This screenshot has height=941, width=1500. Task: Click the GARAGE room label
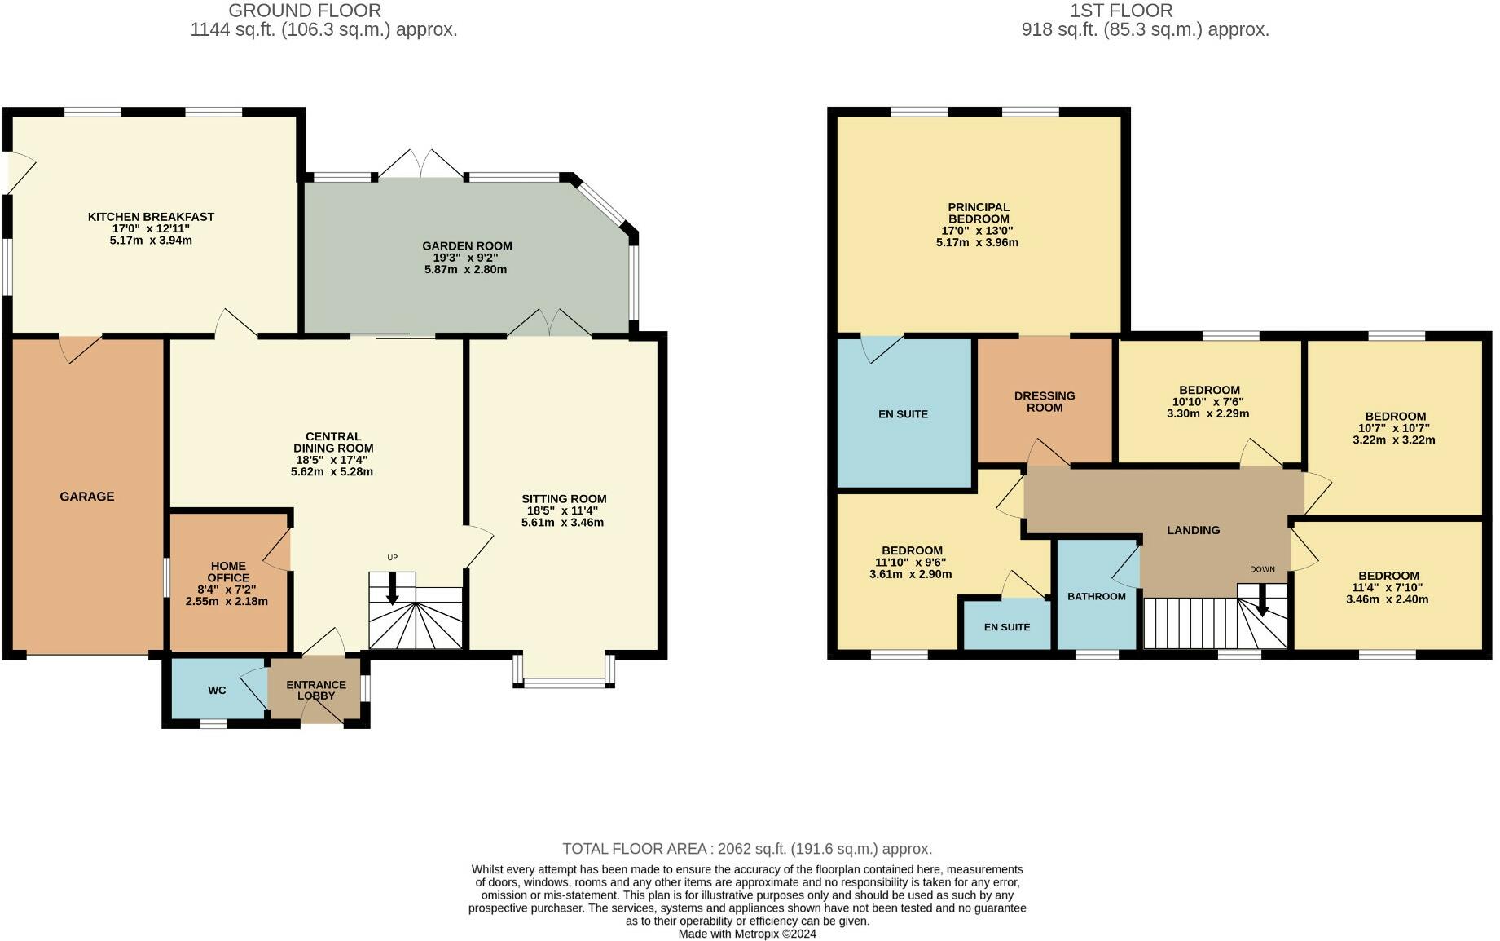tap(87, 496)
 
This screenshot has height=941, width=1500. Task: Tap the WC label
tap(217, 691)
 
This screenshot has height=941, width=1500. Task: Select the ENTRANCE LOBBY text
tap(316, 690)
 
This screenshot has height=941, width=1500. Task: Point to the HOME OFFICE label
tap(228, 572)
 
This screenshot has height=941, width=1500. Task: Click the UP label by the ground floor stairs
tap(392, 558)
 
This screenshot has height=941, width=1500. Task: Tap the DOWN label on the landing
tap(1262, 569)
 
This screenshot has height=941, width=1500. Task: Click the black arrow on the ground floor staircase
tap(392, 588)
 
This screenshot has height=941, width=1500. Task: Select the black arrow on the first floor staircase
tap(1262, 600)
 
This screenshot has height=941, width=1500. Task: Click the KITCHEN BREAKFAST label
tap(151, 217)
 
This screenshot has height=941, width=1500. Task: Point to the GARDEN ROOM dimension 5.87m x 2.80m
tap(465, 269)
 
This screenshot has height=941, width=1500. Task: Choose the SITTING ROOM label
tap(564, 499)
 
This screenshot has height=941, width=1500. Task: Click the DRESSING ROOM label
tap(1045, 401)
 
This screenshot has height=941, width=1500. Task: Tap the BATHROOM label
tap(1097, 596)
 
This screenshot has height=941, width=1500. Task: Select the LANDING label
tap(1194, 530)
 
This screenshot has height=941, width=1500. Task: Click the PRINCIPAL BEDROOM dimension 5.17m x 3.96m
tap(978, 242)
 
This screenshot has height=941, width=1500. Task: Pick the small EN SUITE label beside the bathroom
tap(1007, 627)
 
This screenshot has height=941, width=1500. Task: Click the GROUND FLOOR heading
tap(305, 11)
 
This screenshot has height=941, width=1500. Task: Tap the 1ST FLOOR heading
tap(1122, 11)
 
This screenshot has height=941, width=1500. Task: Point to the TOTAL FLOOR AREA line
tap(747, 849)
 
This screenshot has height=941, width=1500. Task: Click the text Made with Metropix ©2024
tap(747, 934)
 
